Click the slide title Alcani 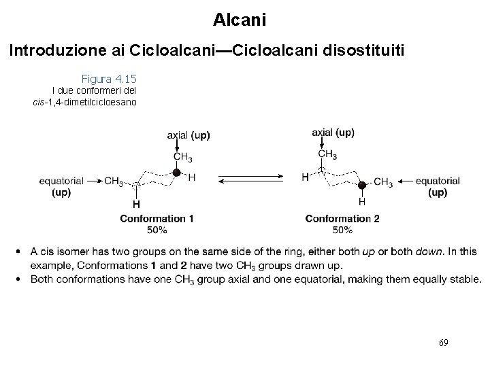[239, 20]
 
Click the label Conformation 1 [157, 219]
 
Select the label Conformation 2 [342, 219]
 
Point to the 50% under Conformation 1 [157, 229]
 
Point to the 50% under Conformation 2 [342, 229]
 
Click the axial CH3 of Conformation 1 [182, 158]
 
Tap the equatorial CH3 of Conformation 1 [114, 181]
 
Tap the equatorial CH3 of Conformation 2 [383, 181]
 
